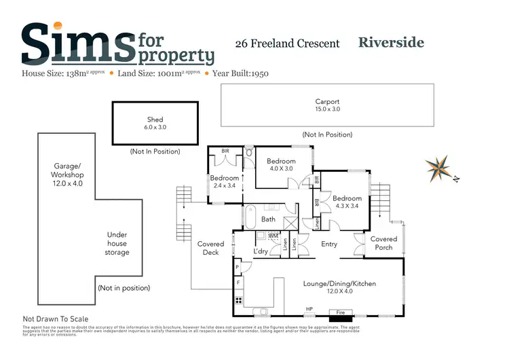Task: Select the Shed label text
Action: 155,120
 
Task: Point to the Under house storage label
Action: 117,244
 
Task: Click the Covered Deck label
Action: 210,248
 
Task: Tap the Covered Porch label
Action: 383,243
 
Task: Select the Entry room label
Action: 329,245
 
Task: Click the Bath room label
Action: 268,219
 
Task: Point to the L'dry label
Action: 261,252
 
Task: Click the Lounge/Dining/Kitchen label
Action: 341,283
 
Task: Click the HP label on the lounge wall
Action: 309,310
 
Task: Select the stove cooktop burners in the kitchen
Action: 239,300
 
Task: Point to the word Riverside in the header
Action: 391,43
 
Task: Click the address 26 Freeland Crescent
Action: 287,43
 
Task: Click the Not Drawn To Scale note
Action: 55,319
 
